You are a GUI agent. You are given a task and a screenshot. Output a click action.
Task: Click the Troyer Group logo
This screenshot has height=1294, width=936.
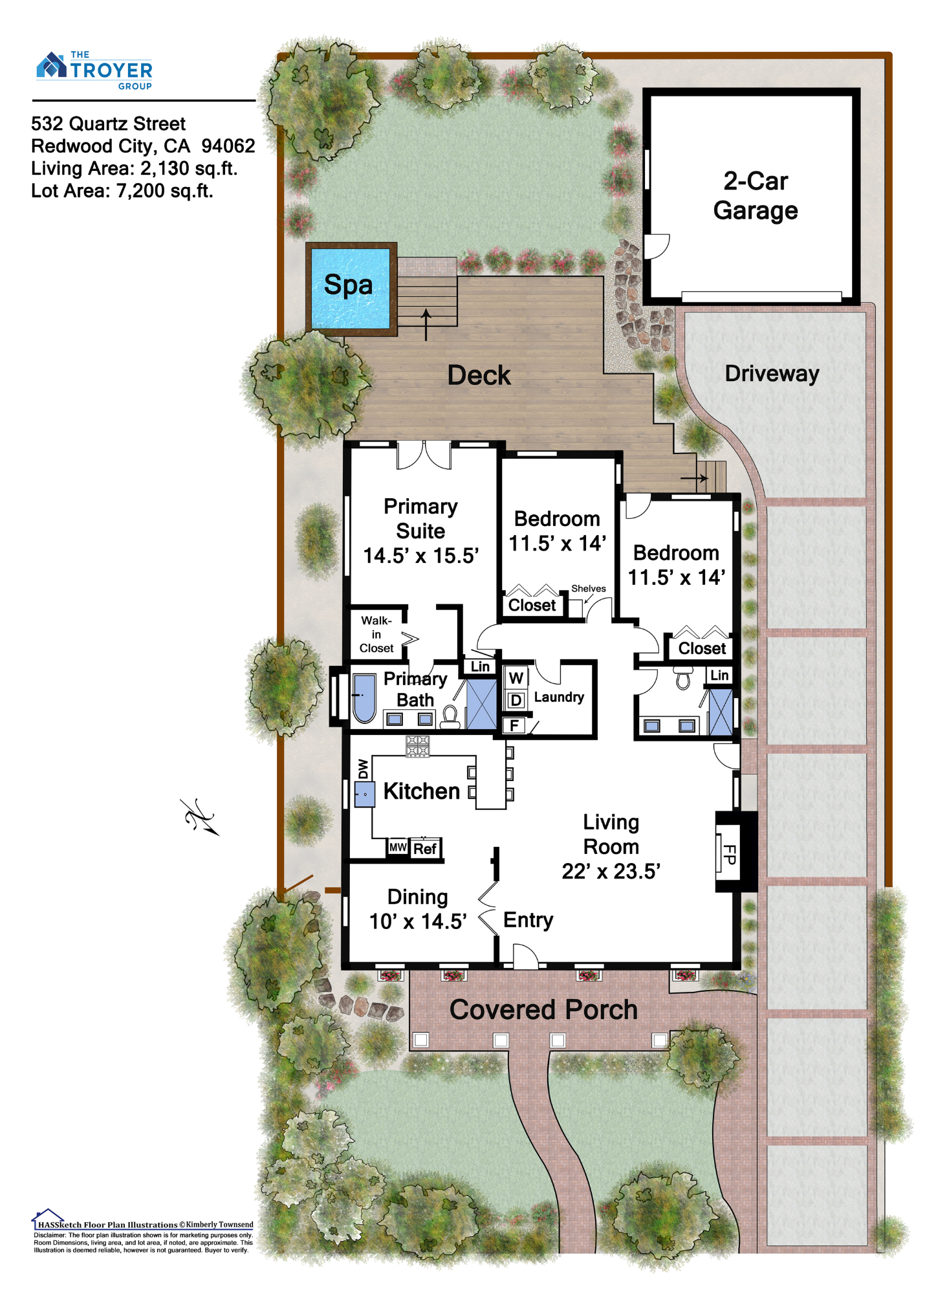click(94, 70)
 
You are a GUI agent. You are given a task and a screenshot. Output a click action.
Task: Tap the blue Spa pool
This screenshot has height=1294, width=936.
click(351, 289)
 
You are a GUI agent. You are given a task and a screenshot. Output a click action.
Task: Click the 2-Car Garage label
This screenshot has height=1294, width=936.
click(755, 195)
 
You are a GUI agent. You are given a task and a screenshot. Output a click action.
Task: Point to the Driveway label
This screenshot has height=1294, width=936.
click(772, 373)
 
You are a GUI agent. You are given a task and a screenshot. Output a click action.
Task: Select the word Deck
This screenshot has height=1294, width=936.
click(479, 375)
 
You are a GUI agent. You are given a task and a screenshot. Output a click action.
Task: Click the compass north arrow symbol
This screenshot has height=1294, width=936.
click(200, 817)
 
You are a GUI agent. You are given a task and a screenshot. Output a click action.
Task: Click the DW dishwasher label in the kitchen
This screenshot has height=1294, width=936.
click(363, 769)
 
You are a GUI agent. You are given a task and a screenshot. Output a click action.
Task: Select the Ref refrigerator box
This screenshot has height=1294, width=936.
click(425, 848)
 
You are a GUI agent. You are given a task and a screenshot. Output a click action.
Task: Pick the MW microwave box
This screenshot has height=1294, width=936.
click(398, 847)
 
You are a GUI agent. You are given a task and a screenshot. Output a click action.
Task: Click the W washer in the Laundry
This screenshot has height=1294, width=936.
click(516, 678)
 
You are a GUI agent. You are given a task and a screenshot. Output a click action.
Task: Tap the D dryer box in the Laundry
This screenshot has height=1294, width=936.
click(516, 700)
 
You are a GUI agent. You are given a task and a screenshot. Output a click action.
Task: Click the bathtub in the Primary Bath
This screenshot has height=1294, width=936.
click(365, 699)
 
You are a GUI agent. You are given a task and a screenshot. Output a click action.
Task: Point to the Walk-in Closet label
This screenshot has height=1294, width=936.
click(376, 634)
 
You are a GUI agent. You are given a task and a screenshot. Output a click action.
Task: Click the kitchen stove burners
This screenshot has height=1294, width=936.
click(417, 745)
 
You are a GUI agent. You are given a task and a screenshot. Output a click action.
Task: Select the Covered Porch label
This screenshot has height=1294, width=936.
click(543, 1009)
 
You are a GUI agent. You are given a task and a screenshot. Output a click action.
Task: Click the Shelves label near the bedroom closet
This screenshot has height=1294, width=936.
click(589, 588)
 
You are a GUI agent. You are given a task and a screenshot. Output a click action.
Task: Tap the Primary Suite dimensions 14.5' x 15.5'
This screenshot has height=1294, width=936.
click(421, 556)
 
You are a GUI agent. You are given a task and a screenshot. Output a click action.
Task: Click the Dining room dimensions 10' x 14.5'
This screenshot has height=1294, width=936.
click(418, 921)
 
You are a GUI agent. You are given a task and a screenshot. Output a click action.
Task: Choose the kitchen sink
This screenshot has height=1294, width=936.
click(364, 794)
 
